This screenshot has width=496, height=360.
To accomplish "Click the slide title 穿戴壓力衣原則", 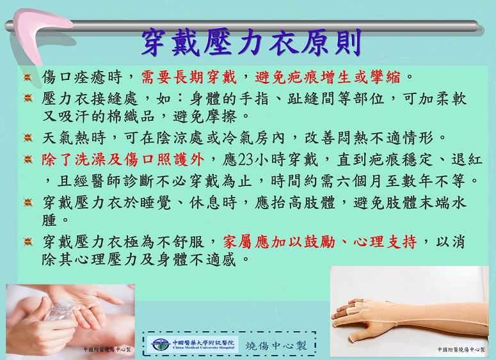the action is point(252,43).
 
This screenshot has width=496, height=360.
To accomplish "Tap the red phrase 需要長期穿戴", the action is point(189,77).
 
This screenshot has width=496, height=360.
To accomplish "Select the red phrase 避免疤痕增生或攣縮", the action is point(328,77).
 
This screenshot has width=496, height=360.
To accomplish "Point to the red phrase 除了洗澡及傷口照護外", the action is point(123,160).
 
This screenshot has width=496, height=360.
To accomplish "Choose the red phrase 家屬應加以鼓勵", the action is point(279,242).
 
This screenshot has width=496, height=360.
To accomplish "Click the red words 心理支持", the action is point(385,242).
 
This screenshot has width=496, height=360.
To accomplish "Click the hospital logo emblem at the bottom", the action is point(160,345).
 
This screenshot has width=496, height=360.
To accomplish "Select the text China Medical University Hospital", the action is point(204,348).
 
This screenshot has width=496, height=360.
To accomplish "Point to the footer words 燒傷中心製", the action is point(276,345).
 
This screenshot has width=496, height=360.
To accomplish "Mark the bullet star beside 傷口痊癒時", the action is point(28,77).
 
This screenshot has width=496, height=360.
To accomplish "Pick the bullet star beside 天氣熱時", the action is point(28,138).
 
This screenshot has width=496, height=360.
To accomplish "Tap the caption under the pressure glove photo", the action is point(461,349).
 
